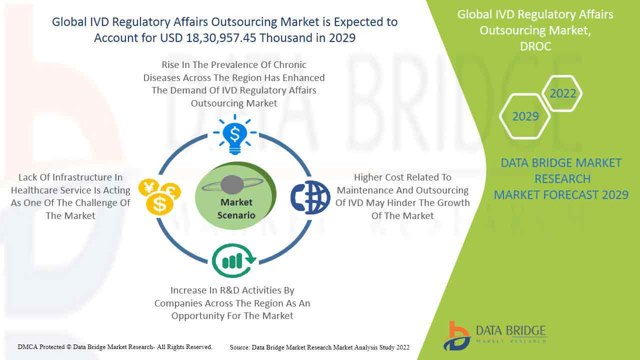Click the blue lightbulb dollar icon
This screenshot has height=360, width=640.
click(x=234, y=134)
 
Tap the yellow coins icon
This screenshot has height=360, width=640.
click(x=159, y=196)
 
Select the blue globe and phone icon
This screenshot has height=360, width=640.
click(x=310, y=197)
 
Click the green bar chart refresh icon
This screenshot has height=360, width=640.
click(x=234, y=260)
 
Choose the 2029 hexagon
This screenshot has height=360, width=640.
click(x=525, y=116)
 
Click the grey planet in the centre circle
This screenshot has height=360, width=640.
click(x=232, y=184)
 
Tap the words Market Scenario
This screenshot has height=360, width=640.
click(x=236, y=208)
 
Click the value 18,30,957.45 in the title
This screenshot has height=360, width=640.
click(x=221, y=37)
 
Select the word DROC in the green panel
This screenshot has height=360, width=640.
click(x=535, y=46)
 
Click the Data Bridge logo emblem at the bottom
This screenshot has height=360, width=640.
click(x=457, y=336)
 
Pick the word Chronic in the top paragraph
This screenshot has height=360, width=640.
click(x=290, y=65)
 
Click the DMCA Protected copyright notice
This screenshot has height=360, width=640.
click(x=115, y=347)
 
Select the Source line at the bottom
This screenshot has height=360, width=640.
click(x=319, y=347)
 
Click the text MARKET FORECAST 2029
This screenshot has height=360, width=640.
click(x=561, y=195)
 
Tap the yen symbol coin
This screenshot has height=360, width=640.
click(x=149, y=187)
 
